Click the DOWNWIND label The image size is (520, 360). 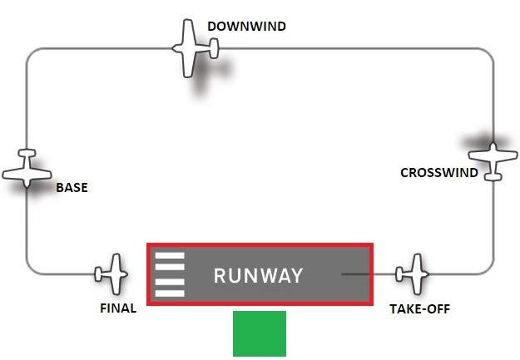point(246,27)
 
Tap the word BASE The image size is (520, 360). point(72,188)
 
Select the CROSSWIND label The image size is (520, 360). point(439,173)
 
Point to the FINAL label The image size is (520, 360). point(117,308)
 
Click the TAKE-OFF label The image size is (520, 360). point(421,308)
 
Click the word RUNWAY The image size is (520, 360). point(258,276)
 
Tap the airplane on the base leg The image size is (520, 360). point(27,169)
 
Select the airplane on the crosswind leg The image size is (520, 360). point(493,159)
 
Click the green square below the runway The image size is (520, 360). point(260,333)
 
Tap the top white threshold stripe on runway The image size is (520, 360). point(170,256)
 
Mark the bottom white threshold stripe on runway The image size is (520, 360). point(170,293)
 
